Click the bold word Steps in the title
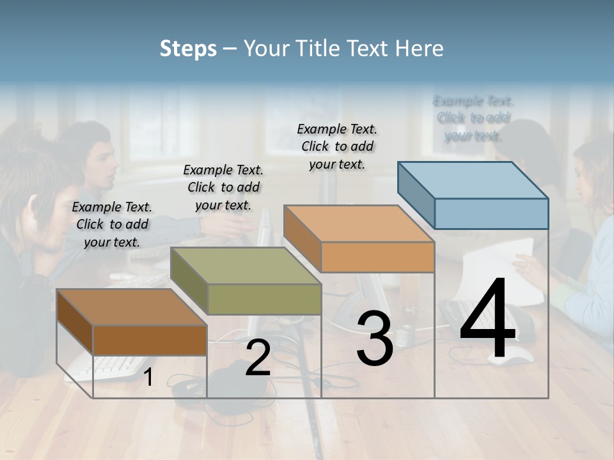[188, 49]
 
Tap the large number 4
[487, 319]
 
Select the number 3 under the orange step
[375, 338]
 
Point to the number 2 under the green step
[258, 358]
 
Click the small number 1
[148, 378]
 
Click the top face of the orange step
[358, 224]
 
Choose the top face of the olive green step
[245, 266]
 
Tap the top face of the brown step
[131, 307]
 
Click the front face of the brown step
[150, 340]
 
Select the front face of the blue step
[491, 213]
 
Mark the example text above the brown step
[112, 224]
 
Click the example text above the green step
[223, 187]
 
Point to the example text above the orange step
[337, 146]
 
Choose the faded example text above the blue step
[473, 118]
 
